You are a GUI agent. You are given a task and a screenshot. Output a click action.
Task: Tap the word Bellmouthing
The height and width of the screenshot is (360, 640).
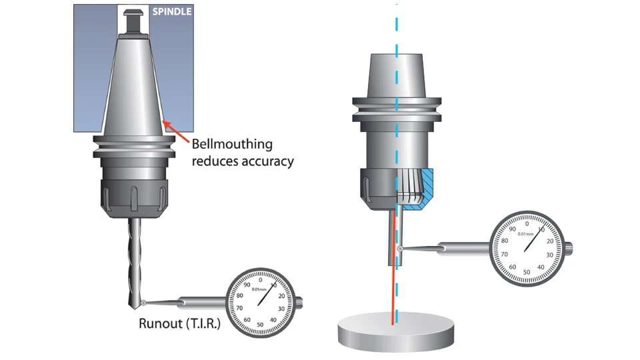(x=232, y=144)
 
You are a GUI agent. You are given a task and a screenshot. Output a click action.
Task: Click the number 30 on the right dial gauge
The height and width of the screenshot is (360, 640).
(x=549, y=255)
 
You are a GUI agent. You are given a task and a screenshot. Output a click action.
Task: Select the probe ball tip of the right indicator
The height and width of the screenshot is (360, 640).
(x=399, y=249)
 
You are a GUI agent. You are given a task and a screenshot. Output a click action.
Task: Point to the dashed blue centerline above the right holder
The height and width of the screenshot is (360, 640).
(x=397, y=27)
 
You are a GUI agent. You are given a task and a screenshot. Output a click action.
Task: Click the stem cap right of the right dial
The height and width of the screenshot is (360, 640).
(x=571, y=249)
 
